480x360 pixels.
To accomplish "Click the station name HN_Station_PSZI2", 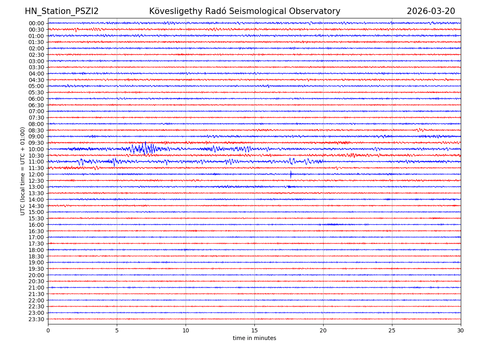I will click(62, 12).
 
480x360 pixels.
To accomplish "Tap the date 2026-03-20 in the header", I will click(431, 12).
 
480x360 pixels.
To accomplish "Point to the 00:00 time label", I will click(36, 23).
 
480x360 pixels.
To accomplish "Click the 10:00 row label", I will click(36, 149).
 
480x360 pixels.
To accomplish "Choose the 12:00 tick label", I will click(36, 174).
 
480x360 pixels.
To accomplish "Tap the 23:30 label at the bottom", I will click(36, 319).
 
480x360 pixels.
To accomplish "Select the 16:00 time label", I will click(36, 225).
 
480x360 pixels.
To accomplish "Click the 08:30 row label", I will click(36, 130).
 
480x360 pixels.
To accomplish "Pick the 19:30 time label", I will click(36, 269).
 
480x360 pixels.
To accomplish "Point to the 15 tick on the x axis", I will click(254, 331).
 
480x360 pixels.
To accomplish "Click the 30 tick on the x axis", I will click(461, 331).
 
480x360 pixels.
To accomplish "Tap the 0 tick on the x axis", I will click(48, 331).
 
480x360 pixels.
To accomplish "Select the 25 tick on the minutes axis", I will click(392, 331).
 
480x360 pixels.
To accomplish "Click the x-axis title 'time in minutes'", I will click(254, 338).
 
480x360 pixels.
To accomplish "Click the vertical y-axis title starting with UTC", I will click(23, 171).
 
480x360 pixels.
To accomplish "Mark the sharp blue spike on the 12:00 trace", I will click(291, 174).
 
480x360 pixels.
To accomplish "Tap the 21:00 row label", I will click(36, 288).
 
